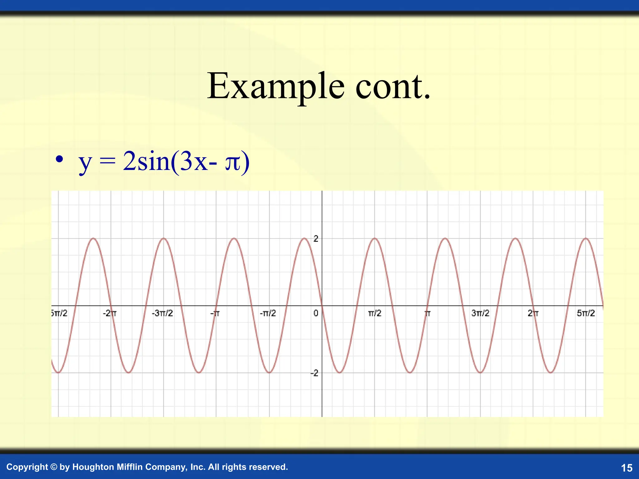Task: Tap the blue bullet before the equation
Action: point(59,159)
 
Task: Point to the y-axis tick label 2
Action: point(316,239)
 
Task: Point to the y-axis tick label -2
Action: point(315,373)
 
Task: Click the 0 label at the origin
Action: point(316,313)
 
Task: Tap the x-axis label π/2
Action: point(374,313)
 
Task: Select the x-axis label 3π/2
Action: point(480,313)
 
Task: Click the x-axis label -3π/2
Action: point(162,313)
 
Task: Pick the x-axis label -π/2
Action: point(268,313)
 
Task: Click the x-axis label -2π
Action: point(110,313)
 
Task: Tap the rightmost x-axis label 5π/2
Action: point(586,313)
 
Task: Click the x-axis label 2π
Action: point(533,313)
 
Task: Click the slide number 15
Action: point(627,468)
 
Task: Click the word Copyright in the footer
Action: point(27,467)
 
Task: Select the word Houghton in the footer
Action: point(93,467)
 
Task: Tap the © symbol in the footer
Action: point(54,467)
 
